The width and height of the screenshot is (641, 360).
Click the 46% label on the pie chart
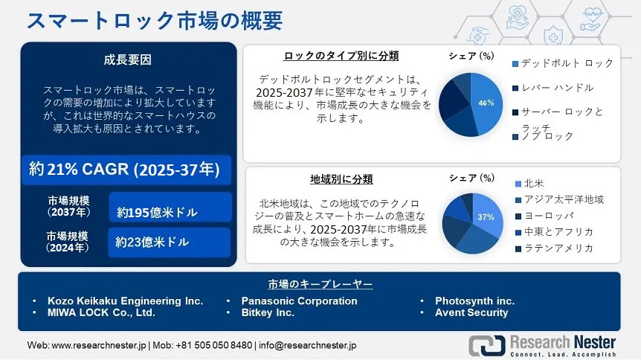[486, 103]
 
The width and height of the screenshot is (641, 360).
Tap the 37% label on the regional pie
[486, 217]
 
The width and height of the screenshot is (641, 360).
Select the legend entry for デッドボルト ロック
[562, 63]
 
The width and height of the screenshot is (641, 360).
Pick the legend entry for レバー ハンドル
[553, 88]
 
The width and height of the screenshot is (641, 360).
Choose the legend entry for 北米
[529, 184]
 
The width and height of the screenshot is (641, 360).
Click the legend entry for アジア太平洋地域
[559, 199]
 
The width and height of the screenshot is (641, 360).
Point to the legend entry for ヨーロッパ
[544, 216]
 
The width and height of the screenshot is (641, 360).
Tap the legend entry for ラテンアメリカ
[554, 248]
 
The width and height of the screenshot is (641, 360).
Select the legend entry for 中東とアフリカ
[554, 232]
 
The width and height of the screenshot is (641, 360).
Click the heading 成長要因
[128, 60]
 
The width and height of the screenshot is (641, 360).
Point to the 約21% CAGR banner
[126, 170]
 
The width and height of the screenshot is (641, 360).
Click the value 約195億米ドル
[157, 212]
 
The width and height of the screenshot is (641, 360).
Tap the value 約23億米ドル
[152, 242]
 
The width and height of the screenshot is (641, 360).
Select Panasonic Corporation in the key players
[299, 301]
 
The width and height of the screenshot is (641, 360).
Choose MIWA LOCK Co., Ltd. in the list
[101, 313]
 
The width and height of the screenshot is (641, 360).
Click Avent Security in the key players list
[471, 313]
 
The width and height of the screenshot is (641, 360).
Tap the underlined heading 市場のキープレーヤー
[320, 284]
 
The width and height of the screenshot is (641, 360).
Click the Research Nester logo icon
[487, 346]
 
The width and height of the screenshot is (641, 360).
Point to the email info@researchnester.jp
[307, 345]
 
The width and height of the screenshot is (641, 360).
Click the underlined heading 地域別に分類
[341, 179]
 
